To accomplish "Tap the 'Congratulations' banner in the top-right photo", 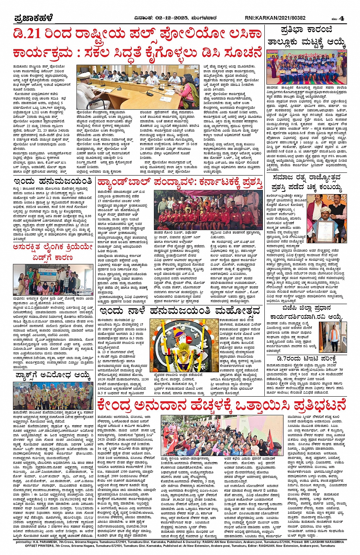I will [305, 54].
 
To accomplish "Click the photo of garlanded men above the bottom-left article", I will [53, 396].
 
